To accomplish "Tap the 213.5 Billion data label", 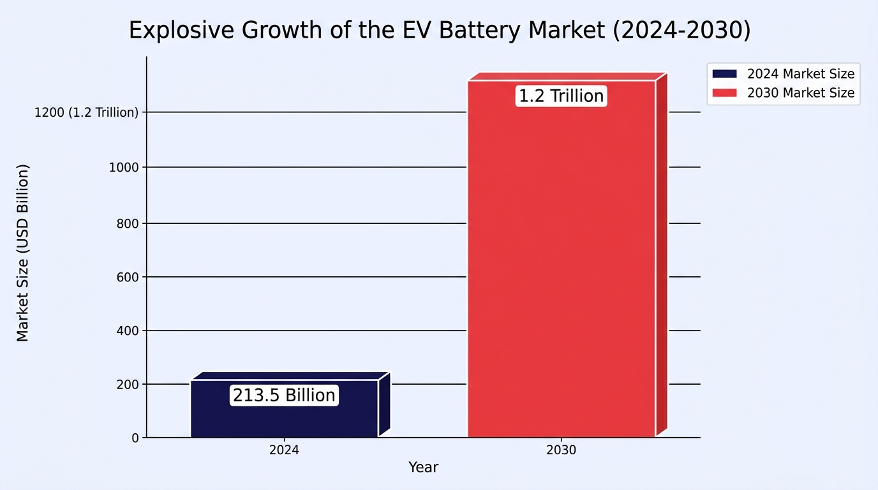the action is click(284, 395).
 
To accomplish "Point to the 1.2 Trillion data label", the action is click(562, 96).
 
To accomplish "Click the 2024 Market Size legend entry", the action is click(783, 74).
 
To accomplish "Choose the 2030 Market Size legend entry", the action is click(783, 93).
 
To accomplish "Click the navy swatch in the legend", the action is click(724, 74).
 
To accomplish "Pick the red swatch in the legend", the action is click(724, 93).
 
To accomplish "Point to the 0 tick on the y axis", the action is click(135, 438).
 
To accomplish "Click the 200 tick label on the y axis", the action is click(128, 385).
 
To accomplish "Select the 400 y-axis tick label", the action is click(128, 331).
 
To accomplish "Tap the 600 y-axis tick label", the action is click(128, 277).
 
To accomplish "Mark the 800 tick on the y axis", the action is click(128, 223).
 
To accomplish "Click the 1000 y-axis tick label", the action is click(124, 167).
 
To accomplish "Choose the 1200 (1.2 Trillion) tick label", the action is click(87, 112).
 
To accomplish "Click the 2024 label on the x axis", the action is click(284, 450).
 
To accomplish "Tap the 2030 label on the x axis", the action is click(562, 450).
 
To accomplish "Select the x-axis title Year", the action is click(423, 467).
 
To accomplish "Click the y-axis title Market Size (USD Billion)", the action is click(23, 253).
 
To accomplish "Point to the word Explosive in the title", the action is click(181, 31).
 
